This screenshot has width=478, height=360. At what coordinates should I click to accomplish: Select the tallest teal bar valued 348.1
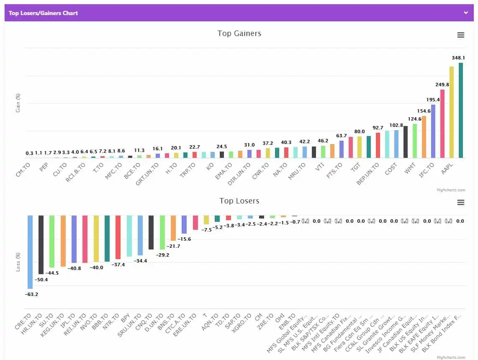(x=461, y=111)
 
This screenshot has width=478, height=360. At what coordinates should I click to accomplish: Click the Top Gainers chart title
(x=239, y=33)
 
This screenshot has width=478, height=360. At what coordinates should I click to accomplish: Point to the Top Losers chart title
(x=239, y=201)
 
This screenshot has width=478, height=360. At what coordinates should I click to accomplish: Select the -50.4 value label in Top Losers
(x=41, y=279)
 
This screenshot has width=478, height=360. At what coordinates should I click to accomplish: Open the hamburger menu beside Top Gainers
(x=460, y=35)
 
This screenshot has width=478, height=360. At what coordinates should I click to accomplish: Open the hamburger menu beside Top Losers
(x=460, y=203)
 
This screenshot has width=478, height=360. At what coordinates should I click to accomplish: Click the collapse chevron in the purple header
(x=466, y=13)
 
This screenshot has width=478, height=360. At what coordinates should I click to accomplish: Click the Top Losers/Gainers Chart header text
(x=43, y=13)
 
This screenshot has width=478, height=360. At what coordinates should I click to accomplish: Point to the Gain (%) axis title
(x=18, y=103)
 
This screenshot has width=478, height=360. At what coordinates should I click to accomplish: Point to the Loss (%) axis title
(x=18, y=262)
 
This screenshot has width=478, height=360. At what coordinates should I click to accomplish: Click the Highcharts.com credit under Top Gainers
(x=450, y=190)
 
